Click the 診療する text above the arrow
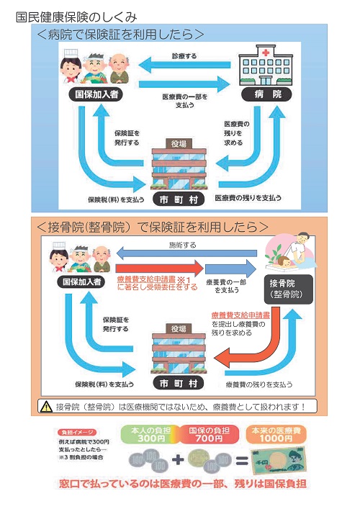coord(184,55)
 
